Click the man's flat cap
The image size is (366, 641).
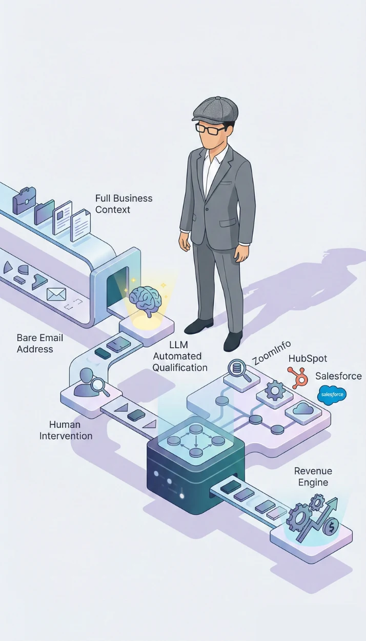pos(215,109)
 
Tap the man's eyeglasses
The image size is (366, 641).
pos(210,129)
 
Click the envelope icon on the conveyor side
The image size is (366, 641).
pos(56,294)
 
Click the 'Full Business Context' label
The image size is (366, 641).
pos(124,204)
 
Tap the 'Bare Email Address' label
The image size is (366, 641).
pos(40,343)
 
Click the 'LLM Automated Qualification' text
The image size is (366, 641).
pos(180,355)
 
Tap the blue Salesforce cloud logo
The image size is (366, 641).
pos(332,395)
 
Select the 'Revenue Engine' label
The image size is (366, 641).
pos(313,476)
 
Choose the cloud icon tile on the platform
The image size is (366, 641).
pos(302,409)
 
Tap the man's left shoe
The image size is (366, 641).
pos(233,340)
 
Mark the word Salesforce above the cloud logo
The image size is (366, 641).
pos(338,376)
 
